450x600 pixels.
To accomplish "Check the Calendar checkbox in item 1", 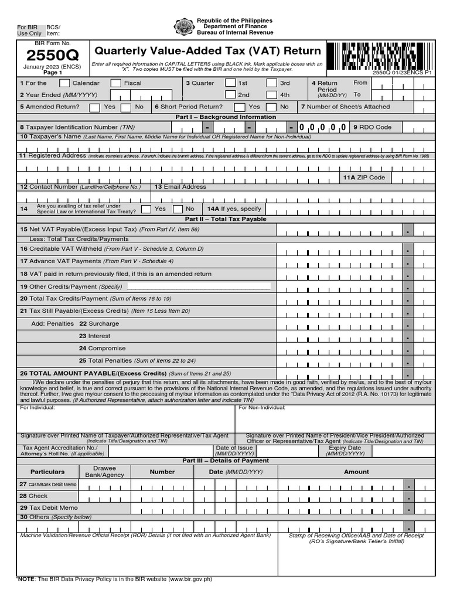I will click(x=65, y=83).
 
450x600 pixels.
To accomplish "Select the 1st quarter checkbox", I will click(x=230, y=83).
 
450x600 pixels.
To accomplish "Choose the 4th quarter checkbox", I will click(x=271, y=95).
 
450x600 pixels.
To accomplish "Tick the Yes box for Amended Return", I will click(x=95, y=107).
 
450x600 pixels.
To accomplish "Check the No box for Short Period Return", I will click(x=271, y=107).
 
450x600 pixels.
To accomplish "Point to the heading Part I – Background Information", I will click(x=226, y=117).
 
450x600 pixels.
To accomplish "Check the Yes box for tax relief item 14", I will click(x=145, y=209).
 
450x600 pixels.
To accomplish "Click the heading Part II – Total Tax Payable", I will click(x=226, y=219).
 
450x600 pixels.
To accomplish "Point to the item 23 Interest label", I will click(x=94, y=336).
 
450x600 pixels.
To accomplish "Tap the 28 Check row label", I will click(x=34, y=496).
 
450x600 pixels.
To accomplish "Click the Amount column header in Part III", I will click(x=356, y=472).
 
